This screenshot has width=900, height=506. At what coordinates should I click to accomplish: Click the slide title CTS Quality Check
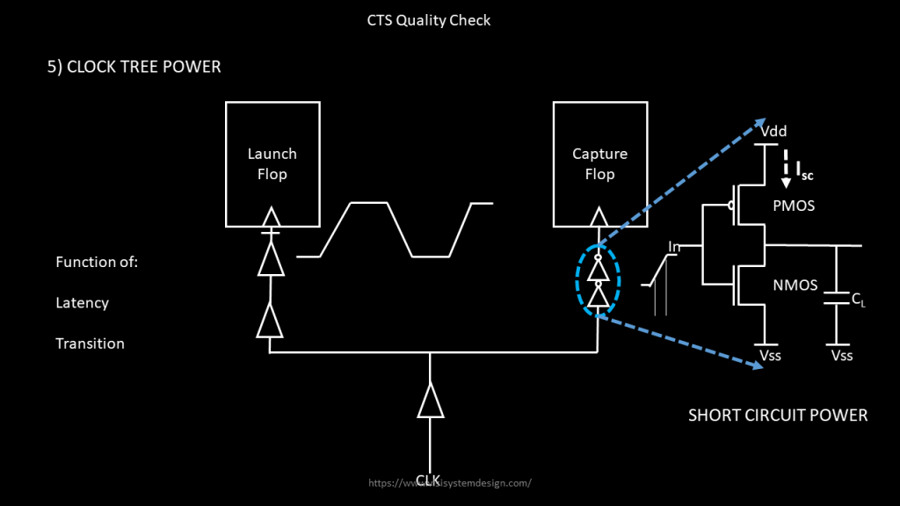coord(429,19)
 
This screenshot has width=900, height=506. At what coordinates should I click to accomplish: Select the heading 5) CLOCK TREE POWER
coord(134,67)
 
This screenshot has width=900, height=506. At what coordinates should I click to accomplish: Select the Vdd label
coord(773,131)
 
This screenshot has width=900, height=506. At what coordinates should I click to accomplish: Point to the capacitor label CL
coord(859,300)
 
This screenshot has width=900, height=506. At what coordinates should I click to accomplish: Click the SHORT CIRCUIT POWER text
coord(778,416)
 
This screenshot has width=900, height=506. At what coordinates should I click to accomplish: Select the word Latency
coord(82,303)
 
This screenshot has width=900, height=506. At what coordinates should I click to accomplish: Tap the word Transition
coord(90,343)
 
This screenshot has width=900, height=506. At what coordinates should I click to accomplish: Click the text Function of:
coord(97,262)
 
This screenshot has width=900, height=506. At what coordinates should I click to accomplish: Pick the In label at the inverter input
coord(674,247)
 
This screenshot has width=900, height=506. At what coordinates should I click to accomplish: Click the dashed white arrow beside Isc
coord(787,168)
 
